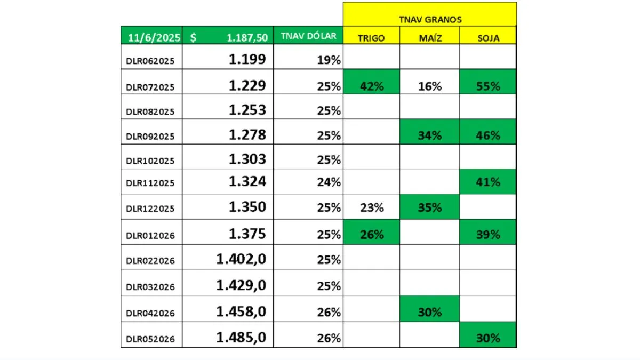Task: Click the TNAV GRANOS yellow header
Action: [x=430, y=19]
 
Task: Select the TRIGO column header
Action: [x=371, y=38]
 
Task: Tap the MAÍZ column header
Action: [x=430, y=38]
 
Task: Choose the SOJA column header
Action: [x=488, y=38]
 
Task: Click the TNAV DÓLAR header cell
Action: [x=308, y=36]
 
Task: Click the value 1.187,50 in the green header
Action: [x=245, y=37]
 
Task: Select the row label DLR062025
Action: [x=150, y=61]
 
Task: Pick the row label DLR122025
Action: [x=150, y=209]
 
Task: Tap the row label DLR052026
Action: [x=150, y=339]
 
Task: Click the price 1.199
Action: [x=247, y=59]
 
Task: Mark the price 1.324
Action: [x=247, y=182]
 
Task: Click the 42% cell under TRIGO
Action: [x=371, y=86]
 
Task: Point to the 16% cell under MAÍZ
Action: [x=430, y=86]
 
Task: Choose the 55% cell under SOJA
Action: [x=488, y=86]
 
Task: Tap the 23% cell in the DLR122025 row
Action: [x=371, y=207]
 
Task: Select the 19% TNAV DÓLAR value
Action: [x=329, y=60]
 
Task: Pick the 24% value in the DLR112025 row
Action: [x=329, y=182]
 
